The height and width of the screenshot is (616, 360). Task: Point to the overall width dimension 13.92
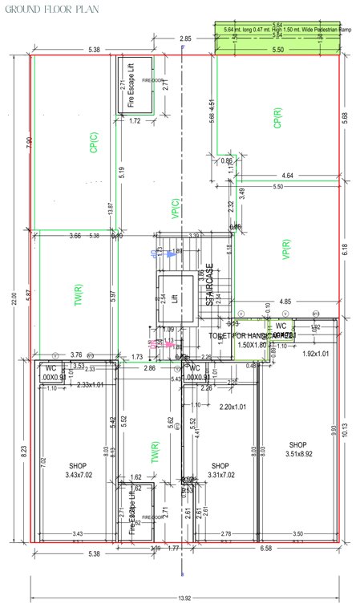tap(185, 598)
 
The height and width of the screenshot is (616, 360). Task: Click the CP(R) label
tap(277, 119)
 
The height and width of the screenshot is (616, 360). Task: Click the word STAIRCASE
tap(209, 285)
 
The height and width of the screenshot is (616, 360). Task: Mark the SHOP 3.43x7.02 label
tap(78, 471)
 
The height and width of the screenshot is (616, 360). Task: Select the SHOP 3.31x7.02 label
tap(220, 471)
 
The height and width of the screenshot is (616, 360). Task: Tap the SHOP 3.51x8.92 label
tap(298, 450)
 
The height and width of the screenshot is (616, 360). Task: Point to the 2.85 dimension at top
tap(185, 38)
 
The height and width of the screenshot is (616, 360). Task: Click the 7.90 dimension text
tap(28, 142)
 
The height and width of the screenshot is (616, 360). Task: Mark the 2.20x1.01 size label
tap(233, 407)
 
